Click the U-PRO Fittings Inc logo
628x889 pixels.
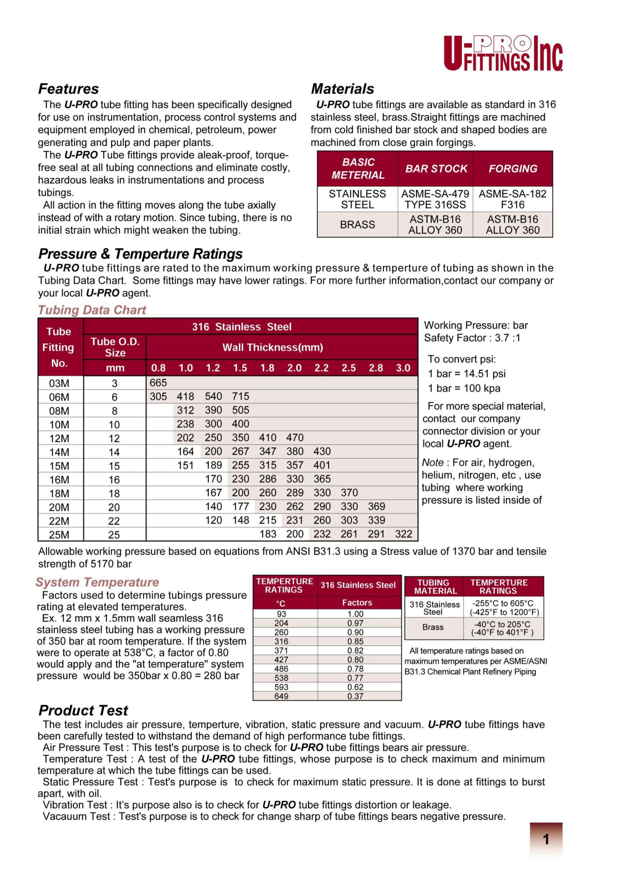503,53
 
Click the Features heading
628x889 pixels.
68,89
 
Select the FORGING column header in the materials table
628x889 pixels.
513,169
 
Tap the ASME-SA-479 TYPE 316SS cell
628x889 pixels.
435,199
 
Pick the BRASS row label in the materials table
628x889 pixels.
357,225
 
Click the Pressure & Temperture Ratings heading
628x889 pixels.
141,254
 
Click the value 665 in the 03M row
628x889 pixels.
158,383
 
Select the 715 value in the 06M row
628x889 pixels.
240,397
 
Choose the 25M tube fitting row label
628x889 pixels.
59,535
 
